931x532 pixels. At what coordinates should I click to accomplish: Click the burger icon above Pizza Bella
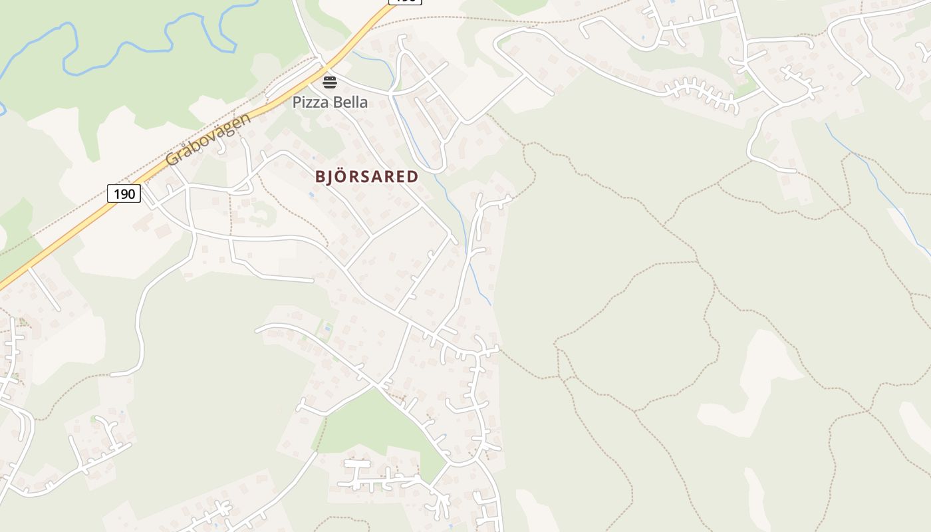pyautogui.click(x=330, y=82)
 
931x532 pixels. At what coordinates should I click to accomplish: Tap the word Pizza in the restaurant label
pyautogui.click(x=311, y=102)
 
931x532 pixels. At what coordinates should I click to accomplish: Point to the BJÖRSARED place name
pyautogui.click(x=366, y=176)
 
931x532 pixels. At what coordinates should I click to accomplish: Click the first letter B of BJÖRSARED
pyautogui.click(x=320, y=177)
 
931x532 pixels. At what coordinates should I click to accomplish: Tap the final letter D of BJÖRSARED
pyautogui.click(x=413, y=177)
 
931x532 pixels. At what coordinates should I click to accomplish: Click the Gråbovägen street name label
pyautogui.click(x=208, y=139)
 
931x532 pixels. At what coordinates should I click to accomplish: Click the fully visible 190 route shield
pyautogui.click(x=124, y=194)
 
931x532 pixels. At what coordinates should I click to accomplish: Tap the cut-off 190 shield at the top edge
pyautogui.click(x=405, y=2)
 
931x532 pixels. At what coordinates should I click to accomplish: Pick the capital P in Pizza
pyautogui.click(x=297, y=102)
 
